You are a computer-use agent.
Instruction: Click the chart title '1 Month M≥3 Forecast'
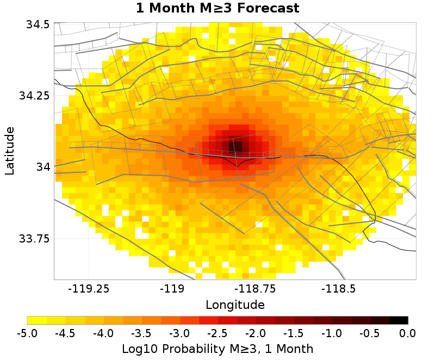tap(217, 8)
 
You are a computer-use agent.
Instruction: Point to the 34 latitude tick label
tap(42, 167)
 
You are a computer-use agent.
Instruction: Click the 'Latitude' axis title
tap(10, 151)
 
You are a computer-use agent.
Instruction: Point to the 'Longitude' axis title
tap(235, 305)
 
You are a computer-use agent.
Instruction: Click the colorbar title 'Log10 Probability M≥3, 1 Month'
tap(217, 348)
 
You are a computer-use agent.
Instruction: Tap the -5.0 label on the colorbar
tap(27, 333)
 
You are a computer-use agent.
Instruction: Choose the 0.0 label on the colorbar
tap(408, 333)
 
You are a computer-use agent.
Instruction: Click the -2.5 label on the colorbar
tap(217, 333)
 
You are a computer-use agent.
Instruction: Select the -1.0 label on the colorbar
tap(332, 333)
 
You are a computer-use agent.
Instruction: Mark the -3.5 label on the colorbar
tap(141, 333)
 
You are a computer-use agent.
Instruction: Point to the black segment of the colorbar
tap(399, 320)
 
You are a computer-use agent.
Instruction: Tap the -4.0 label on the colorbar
tap(103, 333)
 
